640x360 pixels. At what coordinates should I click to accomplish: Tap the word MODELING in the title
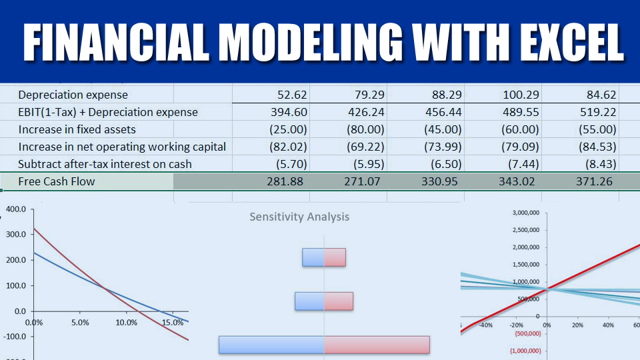coord(311,43)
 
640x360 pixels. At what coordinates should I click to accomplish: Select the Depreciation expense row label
coord(73,95)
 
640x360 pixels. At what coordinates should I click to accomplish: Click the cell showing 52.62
coord(292,95)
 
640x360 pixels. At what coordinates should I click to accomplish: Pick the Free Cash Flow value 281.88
coord(285,181)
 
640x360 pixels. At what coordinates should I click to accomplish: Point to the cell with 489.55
coord(521,112)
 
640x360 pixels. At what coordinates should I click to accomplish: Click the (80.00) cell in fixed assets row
coord(365,129)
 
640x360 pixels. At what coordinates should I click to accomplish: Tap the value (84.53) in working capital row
coord(597,147)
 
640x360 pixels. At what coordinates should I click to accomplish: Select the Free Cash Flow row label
coord(56,181)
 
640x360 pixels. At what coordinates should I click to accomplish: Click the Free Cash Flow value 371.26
coord(594,181)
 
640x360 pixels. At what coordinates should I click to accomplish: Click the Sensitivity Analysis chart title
coord(299,217)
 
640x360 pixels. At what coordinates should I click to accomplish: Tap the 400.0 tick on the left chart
coord(16,209)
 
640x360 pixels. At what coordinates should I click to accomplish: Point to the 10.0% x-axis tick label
coord(126,323)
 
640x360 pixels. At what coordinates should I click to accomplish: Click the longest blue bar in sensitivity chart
coord(271,345)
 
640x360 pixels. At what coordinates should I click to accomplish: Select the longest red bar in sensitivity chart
coord(377,345)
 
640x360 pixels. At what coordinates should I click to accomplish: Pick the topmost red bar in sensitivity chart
coord(335,257)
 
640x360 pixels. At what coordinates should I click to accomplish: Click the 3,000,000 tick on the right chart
coord(526,213)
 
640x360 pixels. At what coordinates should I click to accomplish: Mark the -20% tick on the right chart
coord(516,325)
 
